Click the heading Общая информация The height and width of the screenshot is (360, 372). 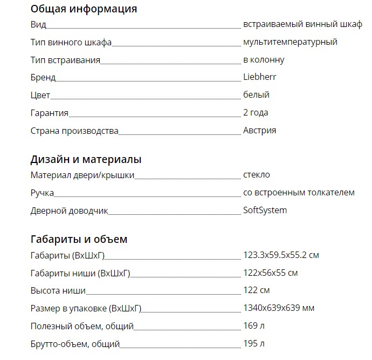(84, 9)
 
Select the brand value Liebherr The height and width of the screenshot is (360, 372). (260, 77)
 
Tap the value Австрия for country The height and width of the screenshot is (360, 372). (260, 130)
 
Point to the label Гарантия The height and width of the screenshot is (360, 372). (50, 113)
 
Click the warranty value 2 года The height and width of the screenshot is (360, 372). (256, 113)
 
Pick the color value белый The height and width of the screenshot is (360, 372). (256, 95)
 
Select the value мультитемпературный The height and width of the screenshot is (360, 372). (290, 42)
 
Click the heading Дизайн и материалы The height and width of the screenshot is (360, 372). (86, 160)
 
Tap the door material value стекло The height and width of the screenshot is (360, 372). (257, 175)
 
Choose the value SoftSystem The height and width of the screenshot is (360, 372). (265, 210)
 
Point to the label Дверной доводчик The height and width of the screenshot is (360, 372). (70, 210)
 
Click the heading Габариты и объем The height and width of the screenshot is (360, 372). (79, 239)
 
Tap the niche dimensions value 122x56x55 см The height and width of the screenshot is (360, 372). (271, 273)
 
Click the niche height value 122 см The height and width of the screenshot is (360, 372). (257, 290)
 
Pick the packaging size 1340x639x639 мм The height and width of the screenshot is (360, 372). (279, 308)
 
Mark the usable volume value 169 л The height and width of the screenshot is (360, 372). (254, 326)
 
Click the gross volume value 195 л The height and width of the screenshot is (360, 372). (254, 343)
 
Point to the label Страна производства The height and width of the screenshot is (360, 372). (74, 131)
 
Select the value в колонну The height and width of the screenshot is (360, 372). (264, 60)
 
